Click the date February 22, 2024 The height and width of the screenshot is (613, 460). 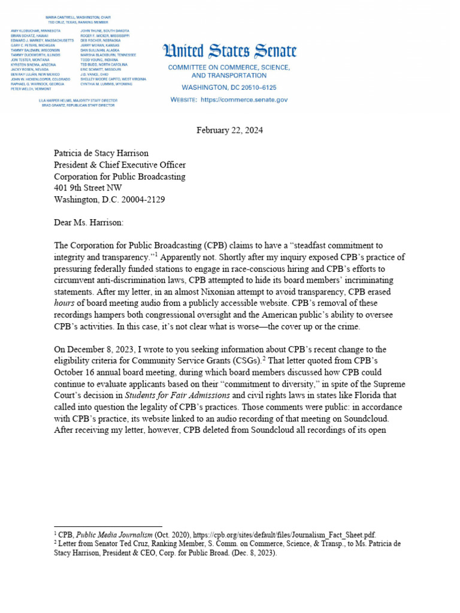coord(230,131)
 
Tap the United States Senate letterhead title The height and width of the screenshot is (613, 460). coord(229,52)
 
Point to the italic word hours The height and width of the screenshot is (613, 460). coord(65,303)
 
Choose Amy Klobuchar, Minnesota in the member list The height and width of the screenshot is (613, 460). coord(35,30)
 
